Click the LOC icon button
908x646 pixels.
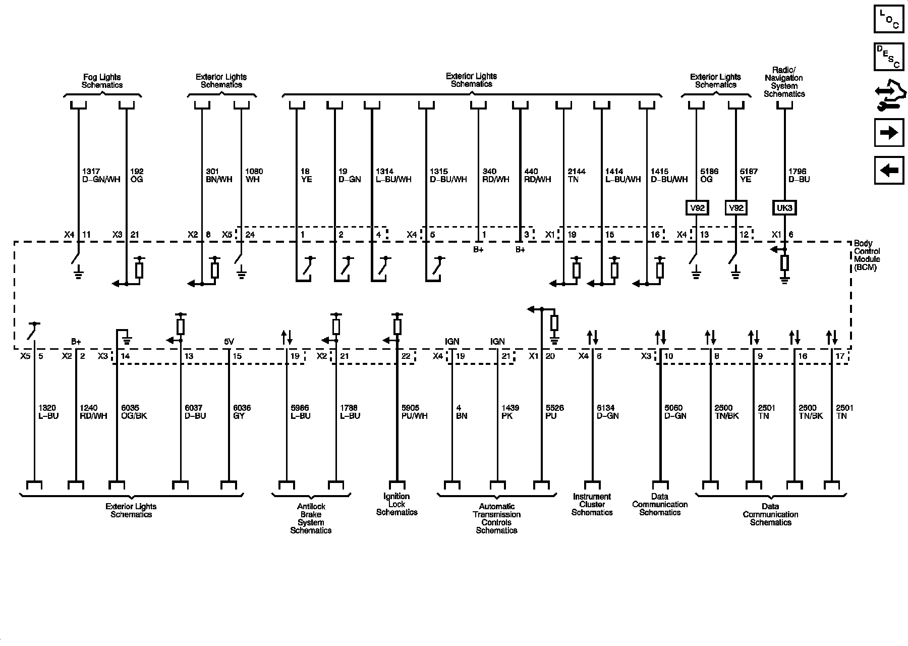tap(889, 19)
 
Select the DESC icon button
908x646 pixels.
tap(889, 57)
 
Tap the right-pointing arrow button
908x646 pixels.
tap(889, 133)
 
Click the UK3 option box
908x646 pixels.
tap(784, 207)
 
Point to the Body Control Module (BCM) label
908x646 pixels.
tap(866, 255)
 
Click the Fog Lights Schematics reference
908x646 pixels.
tap(102, 81)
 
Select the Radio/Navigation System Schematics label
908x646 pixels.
tap(784, 82)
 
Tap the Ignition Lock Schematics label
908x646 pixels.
tap(396, 504)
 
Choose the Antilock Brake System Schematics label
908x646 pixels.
tap(311, 518)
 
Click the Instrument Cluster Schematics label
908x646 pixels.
tap(592, 504)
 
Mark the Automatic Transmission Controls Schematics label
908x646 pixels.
tap(496, 518)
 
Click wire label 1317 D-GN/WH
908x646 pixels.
tap(101, 175)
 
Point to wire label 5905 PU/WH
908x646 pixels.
tap(414, 412)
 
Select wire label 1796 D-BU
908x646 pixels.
tap(799, 175)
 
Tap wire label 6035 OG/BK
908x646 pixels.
tap(134, 412)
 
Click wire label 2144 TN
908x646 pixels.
tap(577, 175)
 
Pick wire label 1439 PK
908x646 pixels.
tap(510, 412)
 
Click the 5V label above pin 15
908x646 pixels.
tap(229, 342)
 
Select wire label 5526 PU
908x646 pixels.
tap(554, 412)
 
